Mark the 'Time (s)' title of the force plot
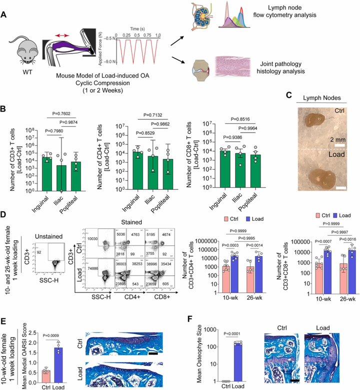tap(137, 30)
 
